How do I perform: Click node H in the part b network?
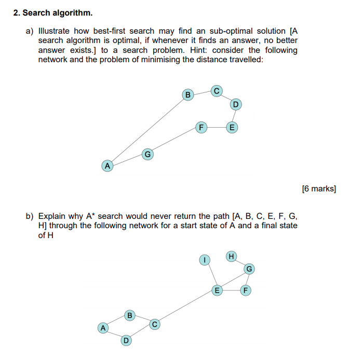tap(231, 256)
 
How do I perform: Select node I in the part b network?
tap(206, 259)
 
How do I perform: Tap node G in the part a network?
tap(148, 154)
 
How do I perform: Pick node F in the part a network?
tap(200, 127)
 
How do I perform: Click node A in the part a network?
tap(108, 166)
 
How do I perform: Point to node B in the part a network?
tap(188, 94)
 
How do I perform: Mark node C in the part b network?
tap(154, 324)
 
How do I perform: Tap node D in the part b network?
tap(126, 340)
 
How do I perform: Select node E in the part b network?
tap(217, 290)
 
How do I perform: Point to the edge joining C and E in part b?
tap(185, 307)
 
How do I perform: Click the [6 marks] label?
tap(319, 188)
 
